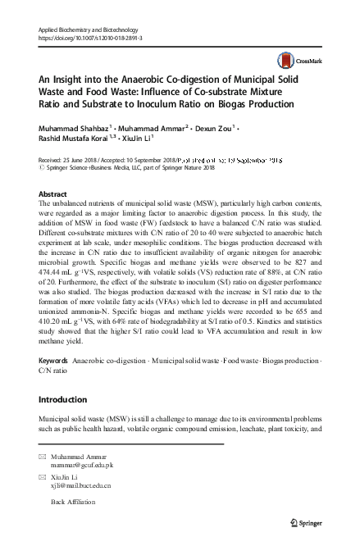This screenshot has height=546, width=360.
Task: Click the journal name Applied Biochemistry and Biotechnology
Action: point(94,30)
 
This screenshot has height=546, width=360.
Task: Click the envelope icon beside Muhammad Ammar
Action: point(43,454)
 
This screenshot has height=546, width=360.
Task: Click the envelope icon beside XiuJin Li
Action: point(43,476)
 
